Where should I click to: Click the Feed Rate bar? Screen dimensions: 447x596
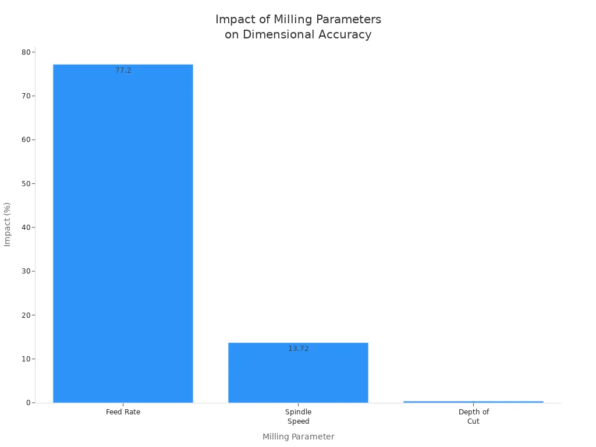click(123, 233)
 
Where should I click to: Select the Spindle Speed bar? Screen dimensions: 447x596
click(298, 372)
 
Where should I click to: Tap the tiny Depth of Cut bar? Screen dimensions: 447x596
click(473, 402)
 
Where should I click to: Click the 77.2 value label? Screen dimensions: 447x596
click(123, 70)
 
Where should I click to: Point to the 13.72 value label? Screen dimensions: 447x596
click(299, 349)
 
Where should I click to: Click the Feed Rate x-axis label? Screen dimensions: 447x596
click(123, 412)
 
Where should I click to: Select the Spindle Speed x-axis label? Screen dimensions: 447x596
click(298, 417)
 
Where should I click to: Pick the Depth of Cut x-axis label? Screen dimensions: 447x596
click(473, 417)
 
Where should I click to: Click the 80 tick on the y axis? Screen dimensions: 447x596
click(26, 52)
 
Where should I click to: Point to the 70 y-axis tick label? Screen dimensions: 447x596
click(26, 96)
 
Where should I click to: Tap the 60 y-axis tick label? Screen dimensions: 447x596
click(26, 140)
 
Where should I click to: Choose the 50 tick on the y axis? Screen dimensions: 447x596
click(26, 184)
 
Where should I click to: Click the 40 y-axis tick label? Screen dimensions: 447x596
click(26, 228)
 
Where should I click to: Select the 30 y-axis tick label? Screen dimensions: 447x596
click(26, 271)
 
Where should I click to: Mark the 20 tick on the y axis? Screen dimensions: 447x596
click(26, 315)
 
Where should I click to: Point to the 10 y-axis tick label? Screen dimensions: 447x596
click(26, 359)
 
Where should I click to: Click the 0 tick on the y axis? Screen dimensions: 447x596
click(28, 403)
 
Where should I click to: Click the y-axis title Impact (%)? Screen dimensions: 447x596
click(8, 224)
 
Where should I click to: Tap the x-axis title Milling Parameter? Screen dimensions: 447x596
click(298, 437)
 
